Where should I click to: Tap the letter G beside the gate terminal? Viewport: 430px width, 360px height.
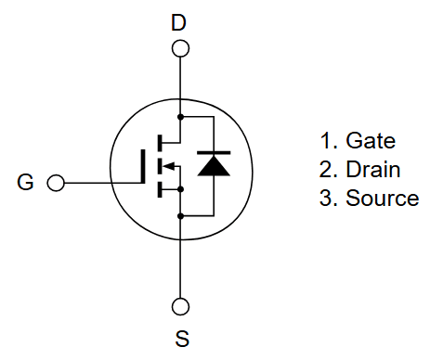(x=25, y=183)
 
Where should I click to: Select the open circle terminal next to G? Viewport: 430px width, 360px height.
(x=55, y=183)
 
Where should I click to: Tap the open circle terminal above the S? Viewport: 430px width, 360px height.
(x=181, y=306)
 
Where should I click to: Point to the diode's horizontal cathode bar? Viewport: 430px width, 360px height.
(x=214, y=154)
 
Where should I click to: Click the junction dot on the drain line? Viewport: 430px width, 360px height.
(x=181, y=118)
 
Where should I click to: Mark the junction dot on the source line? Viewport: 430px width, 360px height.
(x=181, y=214)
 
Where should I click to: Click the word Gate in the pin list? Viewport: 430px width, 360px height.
(x=371, y=141)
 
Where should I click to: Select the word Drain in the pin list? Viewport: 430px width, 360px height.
(x=372, y=170)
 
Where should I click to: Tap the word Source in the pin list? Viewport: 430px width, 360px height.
(x=382, y=199)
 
